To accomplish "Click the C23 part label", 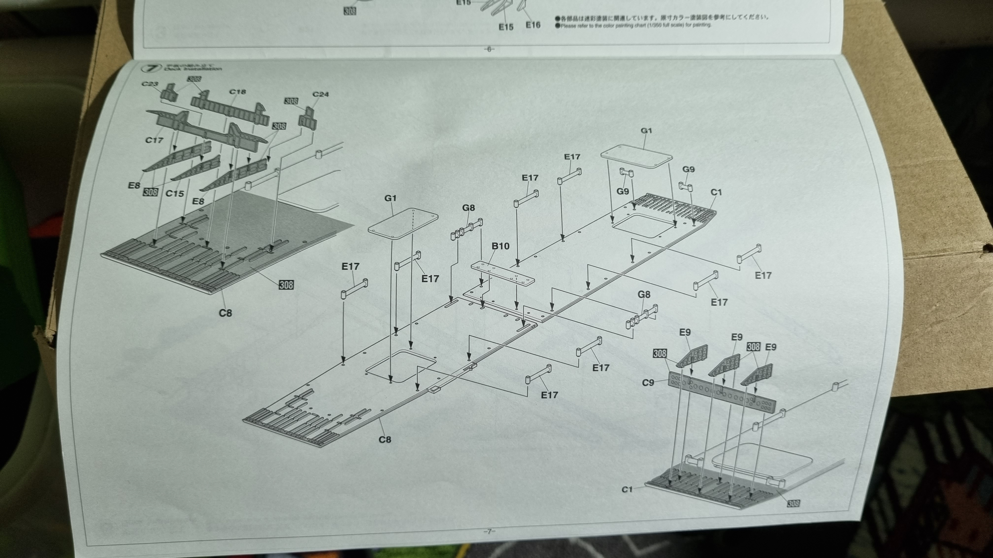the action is (149, 84).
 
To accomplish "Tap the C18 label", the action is (237, 92).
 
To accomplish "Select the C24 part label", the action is (321, 94).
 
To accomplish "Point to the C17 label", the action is (154, 140).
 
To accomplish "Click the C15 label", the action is (175, 193).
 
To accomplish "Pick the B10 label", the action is (500, 246).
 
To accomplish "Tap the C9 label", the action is (648, 383).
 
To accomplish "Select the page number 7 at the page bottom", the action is (489, 531).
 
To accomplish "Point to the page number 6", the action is (489, 49).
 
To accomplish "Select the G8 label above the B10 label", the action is (468, 208).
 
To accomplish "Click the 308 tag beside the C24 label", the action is (291, 101).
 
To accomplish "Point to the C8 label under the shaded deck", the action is (226, 313).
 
